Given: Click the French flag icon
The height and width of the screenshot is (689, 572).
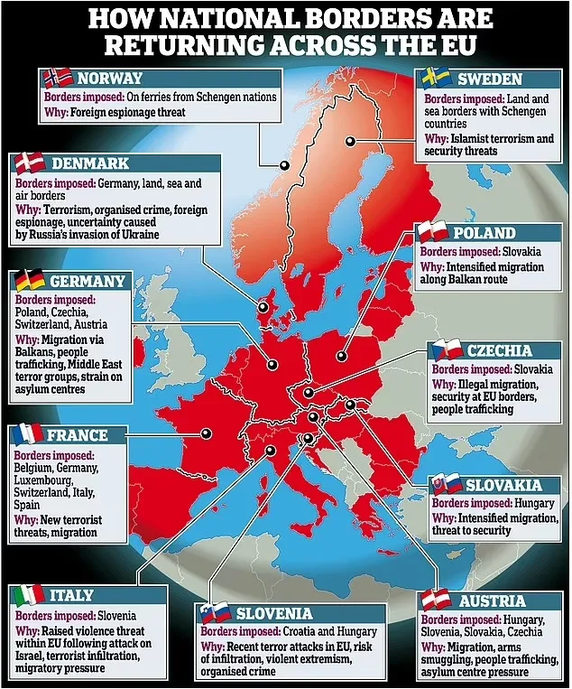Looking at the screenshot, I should (x=28, y=434).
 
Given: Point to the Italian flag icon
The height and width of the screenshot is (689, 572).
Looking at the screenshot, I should (x=28, y=595).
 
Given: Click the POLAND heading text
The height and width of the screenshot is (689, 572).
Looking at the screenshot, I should (x=493, y=233).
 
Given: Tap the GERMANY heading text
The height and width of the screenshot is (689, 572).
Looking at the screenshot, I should (x=88, y=281).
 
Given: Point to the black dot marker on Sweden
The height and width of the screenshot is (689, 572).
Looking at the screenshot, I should (x=349, y=140).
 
